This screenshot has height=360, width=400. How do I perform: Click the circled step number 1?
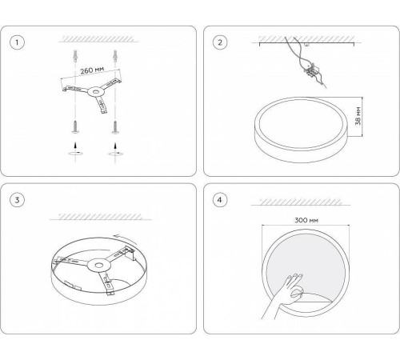coord(17,42)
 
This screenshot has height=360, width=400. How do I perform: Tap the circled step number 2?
coord(220,42)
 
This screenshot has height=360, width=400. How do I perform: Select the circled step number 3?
coord(17,200)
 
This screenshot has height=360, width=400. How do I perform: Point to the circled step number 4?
coord(220,200)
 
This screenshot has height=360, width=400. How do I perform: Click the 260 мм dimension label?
coord(92,70)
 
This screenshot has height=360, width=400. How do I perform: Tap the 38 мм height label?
coord(358,116)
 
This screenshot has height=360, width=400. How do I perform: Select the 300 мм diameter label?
coord(306,220)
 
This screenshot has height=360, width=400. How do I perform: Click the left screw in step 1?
coord(75,127)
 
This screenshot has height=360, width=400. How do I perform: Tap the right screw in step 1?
coord(115,127)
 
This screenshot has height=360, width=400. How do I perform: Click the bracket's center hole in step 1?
coord(95,92)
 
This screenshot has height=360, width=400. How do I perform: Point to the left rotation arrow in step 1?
coord(75,153)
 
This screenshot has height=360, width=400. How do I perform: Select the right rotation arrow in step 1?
coord(115,154)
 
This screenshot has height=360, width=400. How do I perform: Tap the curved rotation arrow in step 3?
coord(126,239)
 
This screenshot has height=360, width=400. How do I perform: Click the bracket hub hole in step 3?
coord(99,266)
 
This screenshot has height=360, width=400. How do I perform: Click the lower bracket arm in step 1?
coord(102,105)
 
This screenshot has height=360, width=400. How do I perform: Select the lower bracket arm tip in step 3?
coord(110,292)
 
